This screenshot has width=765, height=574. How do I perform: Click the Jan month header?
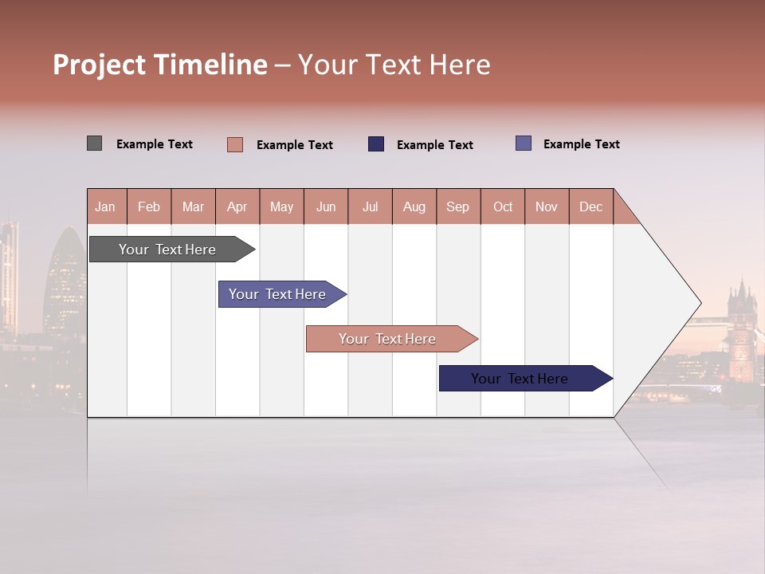point(105,206)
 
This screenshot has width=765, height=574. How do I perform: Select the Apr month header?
point(237,206)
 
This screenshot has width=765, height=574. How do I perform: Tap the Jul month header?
point(370,206)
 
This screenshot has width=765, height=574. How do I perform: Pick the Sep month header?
point(457,206)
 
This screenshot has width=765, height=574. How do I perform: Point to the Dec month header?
point(590,206)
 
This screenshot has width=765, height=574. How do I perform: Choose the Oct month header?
point(503,206)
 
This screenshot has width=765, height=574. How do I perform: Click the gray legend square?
point(94,143)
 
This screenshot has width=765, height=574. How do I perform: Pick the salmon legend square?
point(234,144)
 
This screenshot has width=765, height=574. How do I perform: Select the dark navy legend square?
point(375,144)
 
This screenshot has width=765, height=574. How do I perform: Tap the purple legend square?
point(523,143)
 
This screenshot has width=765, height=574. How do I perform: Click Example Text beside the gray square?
point(155,144)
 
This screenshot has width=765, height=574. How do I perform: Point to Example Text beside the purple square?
point(581,144)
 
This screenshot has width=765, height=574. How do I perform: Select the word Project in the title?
point(100,65)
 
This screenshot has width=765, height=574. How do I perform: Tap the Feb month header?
point(149,206)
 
